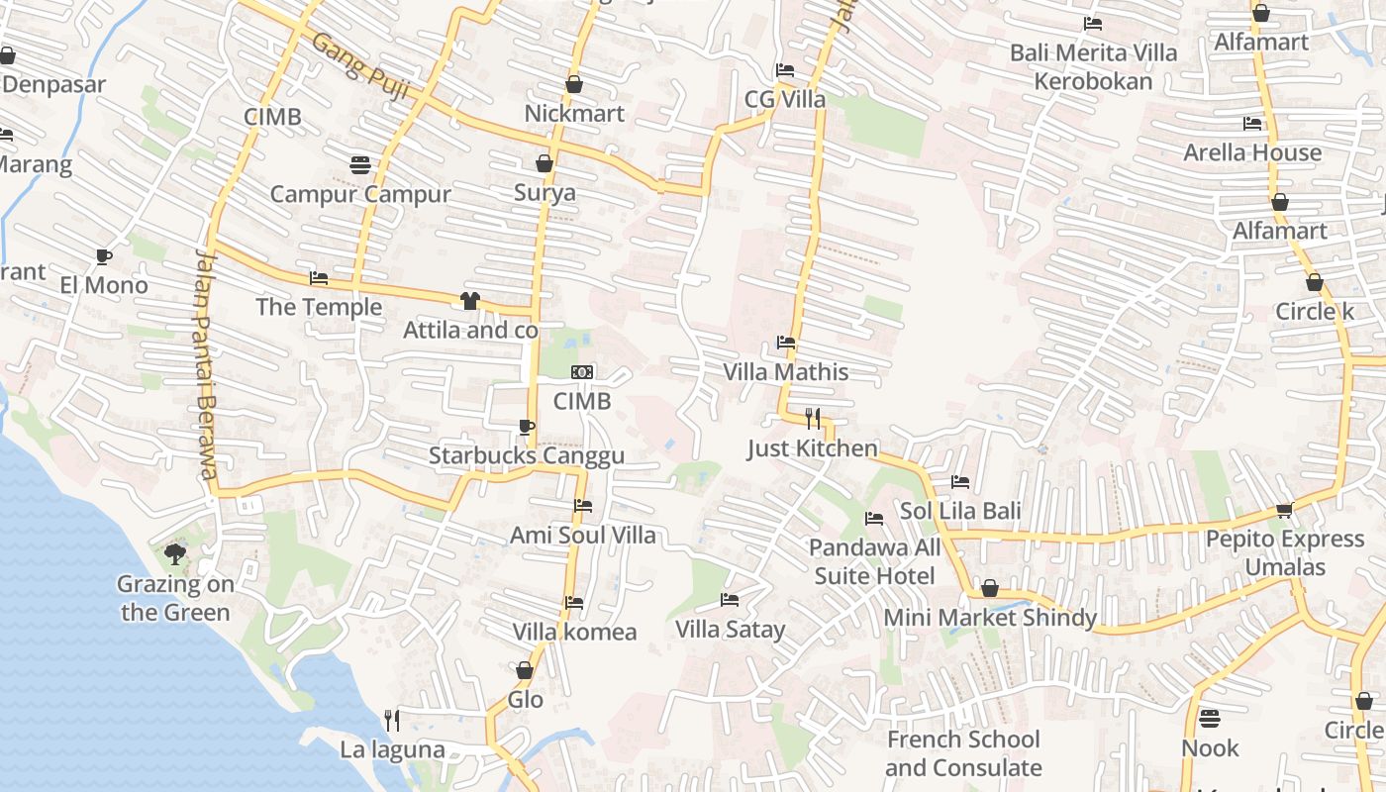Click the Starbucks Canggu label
coord(526,455)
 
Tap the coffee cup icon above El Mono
coord(103,257)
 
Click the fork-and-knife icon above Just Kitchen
coord(813,419)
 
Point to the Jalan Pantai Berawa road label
coord(205,364)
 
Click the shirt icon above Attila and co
coord(470,301)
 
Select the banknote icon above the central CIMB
coord(582,372)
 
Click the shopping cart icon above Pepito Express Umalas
coord(1284,510)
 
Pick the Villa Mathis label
coord(786,372)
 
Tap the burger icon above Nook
coord(1210,718)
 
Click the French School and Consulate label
coord(963,753)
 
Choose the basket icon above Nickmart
coord(574,85)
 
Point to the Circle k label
coord(1314,312)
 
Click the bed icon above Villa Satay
coord(730,600)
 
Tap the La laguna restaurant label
coord(393,749)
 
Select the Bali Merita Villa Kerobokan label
coord(1093,66)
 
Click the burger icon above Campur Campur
coord(360,164)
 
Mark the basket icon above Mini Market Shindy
coord(989,589)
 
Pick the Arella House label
coord(1252,152)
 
